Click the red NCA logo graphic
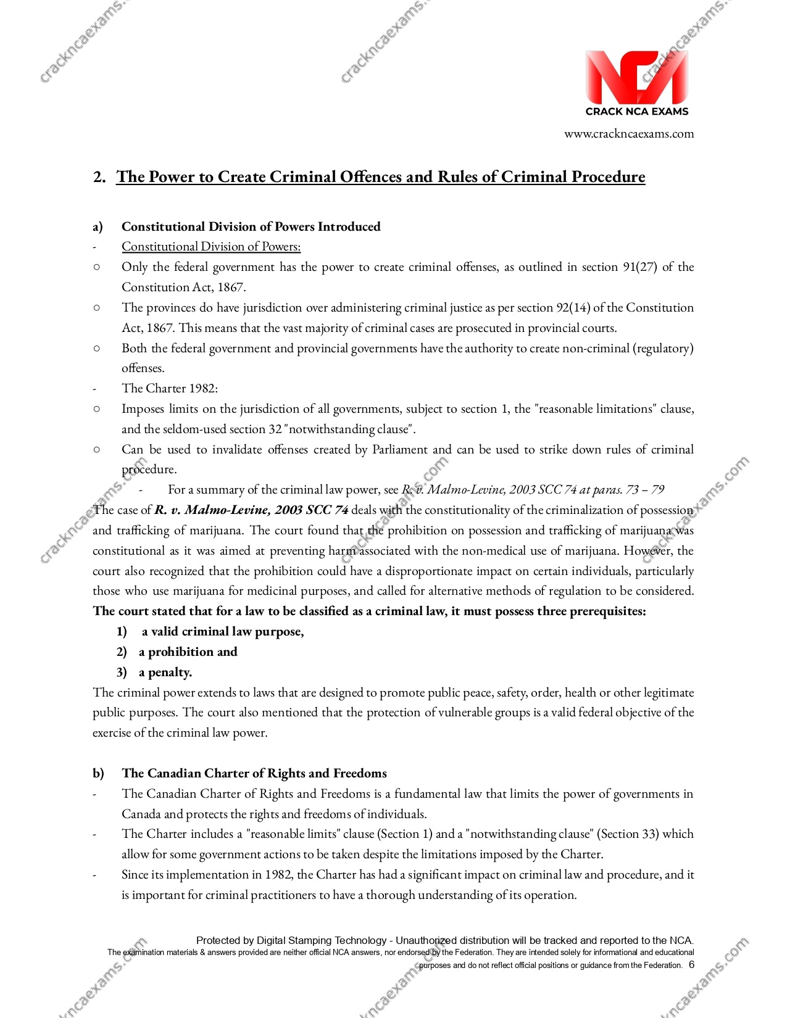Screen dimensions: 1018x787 636,77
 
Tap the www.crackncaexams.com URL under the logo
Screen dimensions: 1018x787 628,134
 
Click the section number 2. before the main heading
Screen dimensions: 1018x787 99,177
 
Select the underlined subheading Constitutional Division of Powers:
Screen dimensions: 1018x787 211,247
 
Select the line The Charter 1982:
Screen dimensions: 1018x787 170,389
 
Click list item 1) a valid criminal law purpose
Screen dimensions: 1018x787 210,632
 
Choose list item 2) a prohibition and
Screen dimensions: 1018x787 177,652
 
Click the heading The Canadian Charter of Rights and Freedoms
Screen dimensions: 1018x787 254,774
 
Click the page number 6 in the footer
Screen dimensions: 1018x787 691,965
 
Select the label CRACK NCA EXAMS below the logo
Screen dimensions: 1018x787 636,112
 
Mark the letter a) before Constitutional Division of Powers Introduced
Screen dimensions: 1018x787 98,227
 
